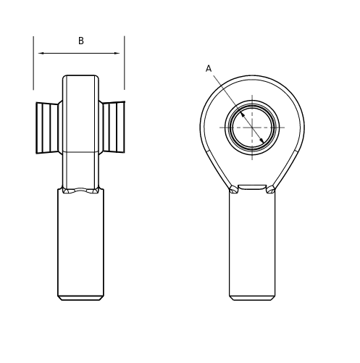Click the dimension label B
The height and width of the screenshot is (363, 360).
point(80,41)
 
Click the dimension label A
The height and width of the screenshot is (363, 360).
point(209,69)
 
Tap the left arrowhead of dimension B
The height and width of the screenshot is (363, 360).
point(42,53)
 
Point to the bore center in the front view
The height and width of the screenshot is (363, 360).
point(252,128)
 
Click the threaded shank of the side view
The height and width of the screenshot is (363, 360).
point(80,243)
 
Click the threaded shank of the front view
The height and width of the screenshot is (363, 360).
point(252,243)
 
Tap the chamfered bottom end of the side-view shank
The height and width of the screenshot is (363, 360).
point(80,298)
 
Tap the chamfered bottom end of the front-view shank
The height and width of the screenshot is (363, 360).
point(252,298)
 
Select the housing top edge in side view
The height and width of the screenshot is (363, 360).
point(80,75)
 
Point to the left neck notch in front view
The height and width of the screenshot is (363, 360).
point(234,190)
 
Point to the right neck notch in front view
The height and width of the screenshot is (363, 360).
point(270,190)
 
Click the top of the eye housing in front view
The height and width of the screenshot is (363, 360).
point(252,77)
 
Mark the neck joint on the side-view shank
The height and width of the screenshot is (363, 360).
point(80,191)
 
